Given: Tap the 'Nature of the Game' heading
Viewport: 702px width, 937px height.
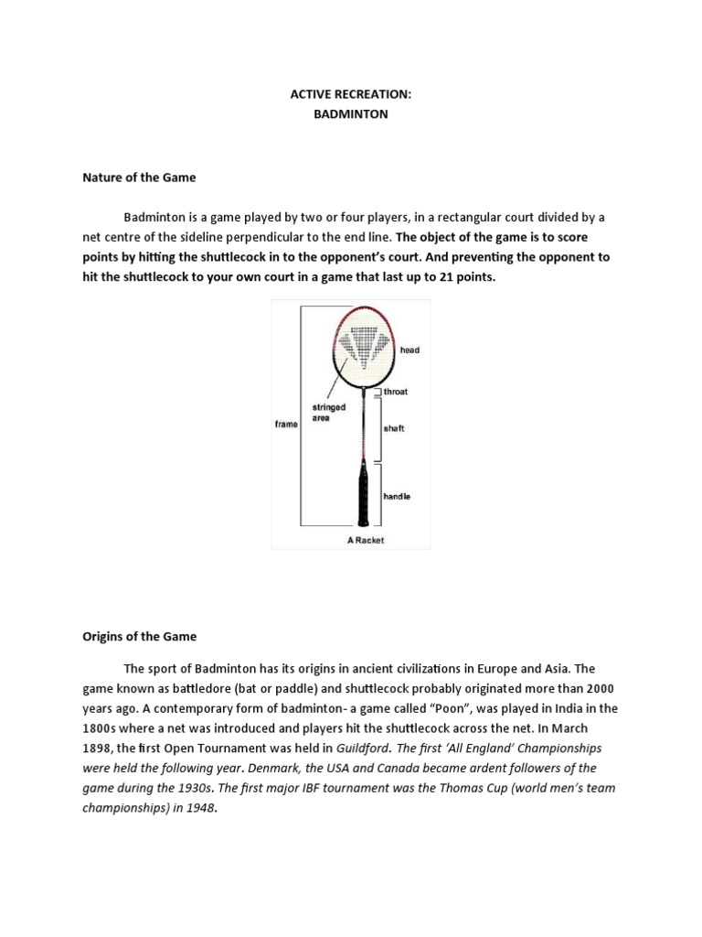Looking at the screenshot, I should point(139,177).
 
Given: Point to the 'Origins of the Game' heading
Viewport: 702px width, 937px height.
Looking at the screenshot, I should point(140,636).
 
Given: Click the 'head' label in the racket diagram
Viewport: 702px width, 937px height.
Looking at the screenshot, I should point(409,350).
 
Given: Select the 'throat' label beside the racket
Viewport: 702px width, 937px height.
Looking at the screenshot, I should point(395,392).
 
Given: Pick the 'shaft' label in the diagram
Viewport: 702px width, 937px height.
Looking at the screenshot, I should point(394,428).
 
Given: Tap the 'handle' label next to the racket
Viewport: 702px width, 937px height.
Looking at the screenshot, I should point(396,496).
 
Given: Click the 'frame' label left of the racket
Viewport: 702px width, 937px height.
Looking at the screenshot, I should point(286,425).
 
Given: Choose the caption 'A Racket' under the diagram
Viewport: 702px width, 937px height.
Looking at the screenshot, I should point(365,540).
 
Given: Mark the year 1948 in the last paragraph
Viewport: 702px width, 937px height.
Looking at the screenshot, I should point(202,808).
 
